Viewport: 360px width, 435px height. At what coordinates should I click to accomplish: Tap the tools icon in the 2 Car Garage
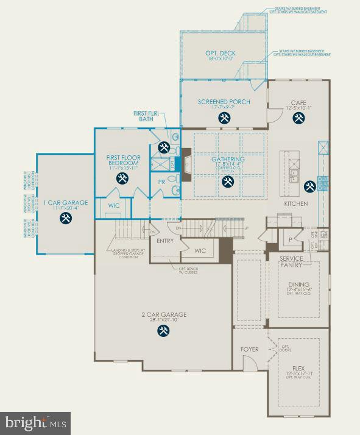163,331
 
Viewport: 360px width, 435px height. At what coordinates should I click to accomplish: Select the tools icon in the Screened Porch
224,118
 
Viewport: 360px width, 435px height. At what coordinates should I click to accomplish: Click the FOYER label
249,349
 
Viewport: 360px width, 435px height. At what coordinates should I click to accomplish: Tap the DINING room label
298,285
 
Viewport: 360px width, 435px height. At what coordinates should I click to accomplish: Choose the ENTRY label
165,241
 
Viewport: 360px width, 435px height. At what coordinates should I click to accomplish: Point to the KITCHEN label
295,203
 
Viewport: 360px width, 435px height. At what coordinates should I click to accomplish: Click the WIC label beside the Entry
200,250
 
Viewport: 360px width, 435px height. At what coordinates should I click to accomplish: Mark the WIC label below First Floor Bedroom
114,205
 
